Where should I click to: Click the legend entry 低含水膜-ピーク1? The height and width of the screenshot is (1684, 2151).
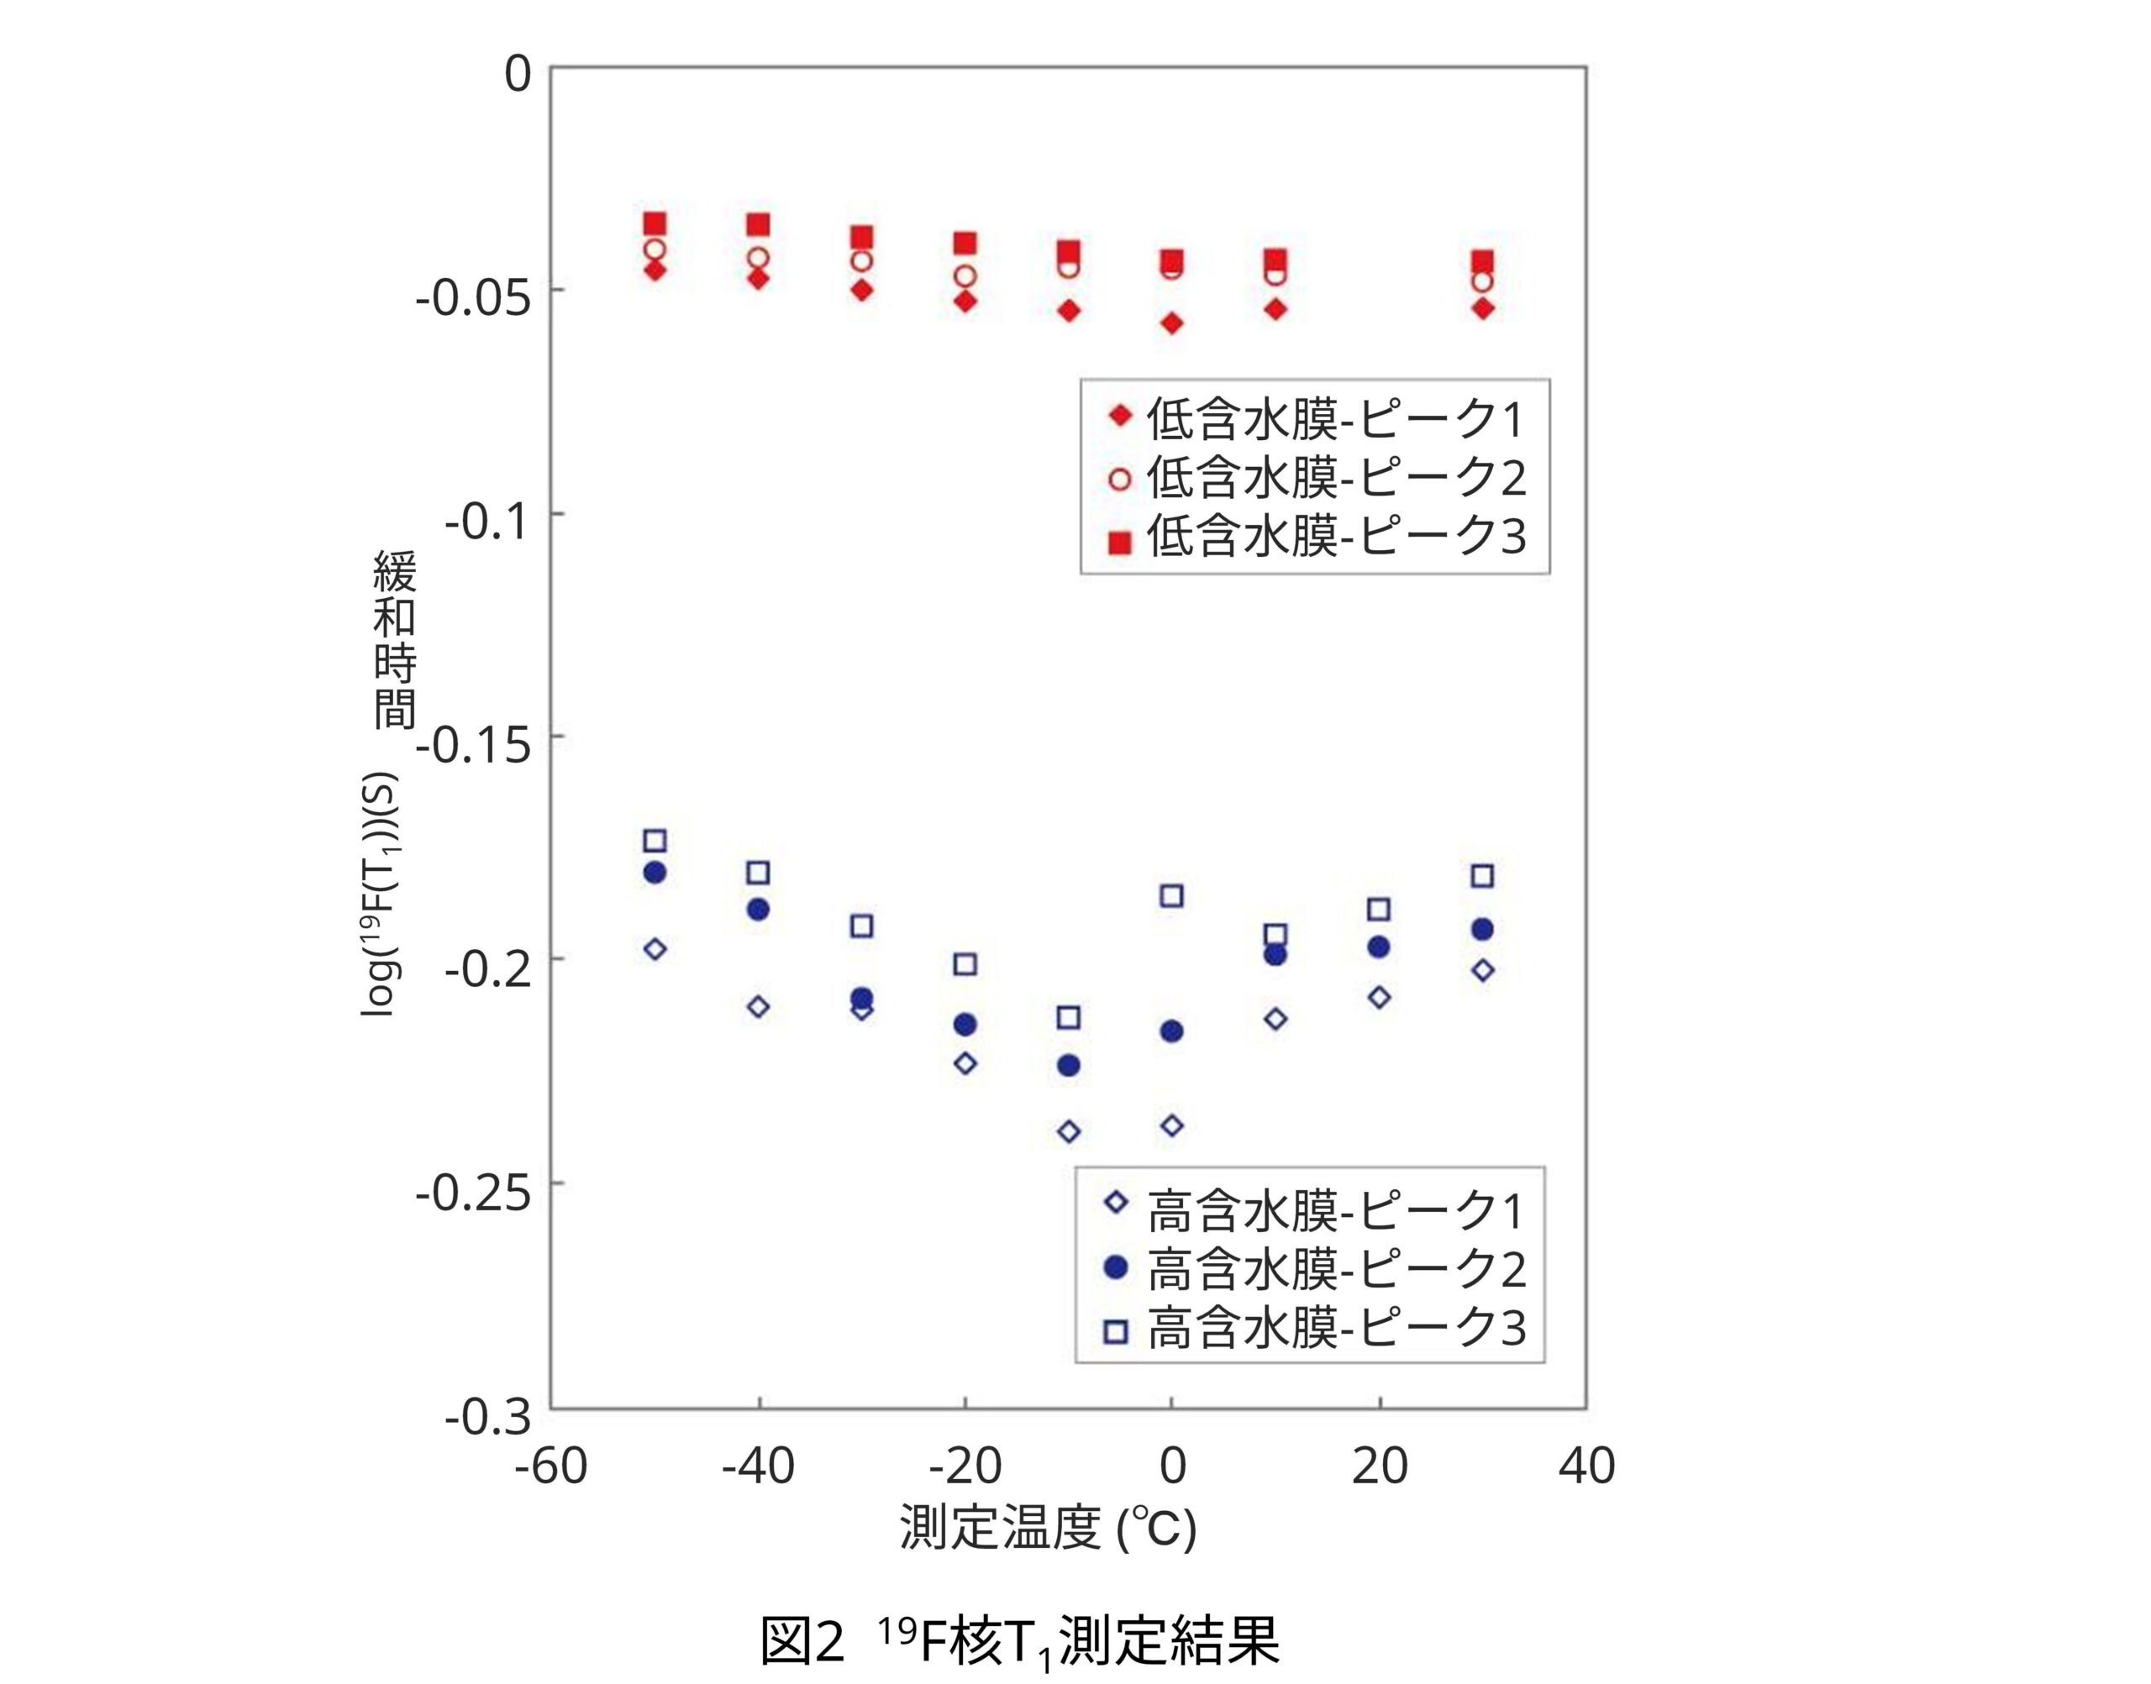tap(1316, 420)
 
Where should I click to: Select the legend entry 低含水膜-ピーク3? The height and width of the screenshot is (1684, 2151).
tap(1316, 538)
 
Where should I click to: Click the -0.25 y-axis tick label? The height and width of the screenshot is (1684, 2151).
tap(473, 1195)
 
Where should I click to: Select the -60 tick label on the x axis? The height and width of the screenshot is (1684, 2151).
tap(550, 1466)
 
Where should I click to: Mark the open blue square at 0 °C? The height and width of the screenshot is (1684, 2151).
tap(1171, 896)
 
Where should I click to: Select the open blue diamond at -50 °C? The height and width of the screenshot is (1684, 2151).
tap(655, 949)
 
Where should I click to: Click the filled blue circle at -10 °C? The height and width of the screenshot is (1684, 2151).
tap(1068, 1066)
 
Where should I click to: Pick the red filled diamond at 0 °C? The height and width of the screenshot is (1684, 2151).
tap(1171, 323)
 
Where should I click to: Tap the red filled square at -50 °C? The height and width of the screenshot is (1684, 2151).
tap(655, 223)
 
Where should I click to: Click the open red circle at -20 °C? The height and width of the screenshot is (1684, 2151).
tap(965, 276)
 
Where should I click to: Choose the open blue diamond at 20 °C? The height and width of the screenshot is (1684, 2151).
tap(1380, 998)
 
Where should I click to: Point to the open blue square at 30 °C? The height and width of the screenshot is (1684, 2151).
tap(1482, 875)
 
